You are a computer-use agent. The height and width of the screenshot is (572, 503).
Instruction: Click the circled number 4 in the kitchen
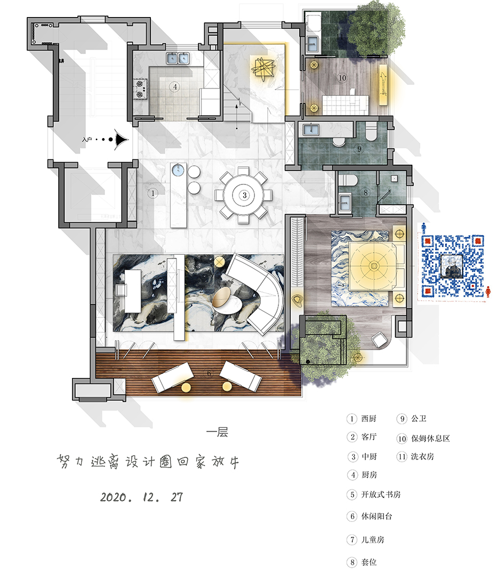173,86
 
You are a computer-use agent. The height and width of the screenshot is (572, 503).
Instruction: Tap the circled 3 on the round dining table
244,195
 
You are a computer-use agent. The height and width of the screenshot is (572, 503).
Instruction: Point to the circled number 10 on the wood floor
342,78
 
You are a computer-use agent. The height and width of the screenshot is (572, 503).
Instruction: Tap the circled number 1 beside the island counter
153,193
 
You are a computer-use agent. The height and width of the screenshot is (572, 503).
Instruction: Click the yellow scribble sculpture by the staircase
265,69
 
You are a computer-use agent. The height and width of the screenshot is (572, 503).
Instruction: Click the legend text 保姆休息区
430,439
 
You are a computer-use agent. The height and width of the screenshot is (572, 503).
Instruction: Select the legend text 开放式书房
381,495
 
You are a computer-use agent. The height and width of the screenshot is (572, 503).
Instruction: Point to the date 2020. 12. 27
141,497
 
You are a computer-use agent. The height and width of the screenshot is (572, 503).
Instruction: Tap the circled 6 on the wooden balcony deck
209,374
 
